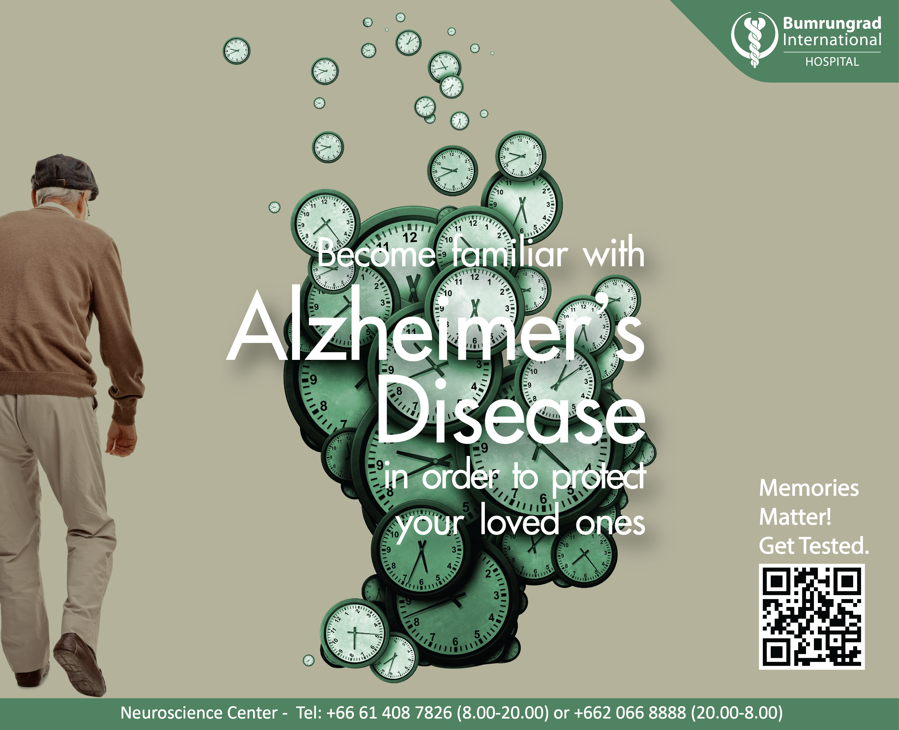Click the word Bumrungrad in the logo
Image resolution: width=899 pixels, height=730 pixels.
point(832,23)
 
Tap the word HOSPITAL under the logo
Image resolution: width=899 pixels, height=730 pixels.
point(832,62)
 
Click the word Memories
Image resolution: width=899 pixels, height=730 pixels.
point(809,489)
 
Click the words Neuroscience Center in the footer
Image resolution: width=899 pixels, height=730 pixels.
point(198,713)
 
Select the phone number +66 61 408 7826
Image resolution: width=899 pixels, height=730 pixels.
point(389,713)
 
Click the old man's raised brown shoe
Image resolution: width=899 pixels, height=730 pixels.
point(80,662)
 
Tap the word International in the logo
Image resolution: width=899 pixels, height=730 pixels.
point(832,40)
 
